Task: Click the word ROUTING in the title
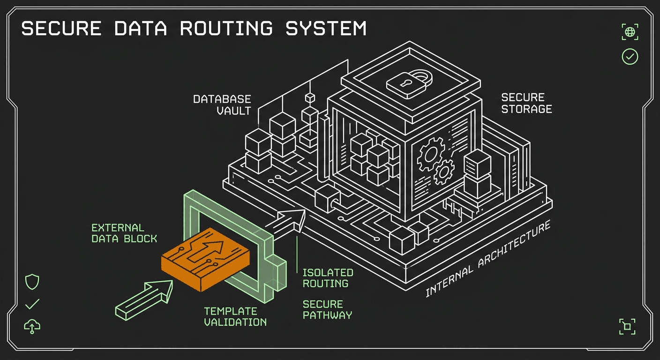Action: click(x=226, y=28)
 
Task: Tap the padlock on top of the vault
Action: click(x=409, y=83)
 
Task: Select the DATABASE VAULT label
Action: click(x=222, y=105)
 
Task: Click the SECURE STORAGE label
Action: click(x=526, y=103)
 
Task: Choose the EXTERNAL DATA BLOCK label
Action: click(x=124, y=233)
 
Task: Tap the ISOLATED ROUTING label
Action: click(x=328, y=278)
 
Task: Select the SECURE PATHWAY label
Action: click(x=327, y=310)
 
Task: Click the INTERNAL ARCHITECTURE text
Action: click(x=488, y=258)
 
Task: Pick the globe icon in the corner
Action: click(x=630, y=32)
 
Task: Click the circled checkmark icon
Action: click(x=630, y=57)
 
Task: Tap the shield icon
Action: click(x=32, y=282)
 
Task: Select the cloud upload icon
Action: click(x=32, y=326)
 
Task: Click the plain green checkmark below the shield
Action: click(x=32, y=304)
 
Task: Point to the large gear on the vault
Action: click(x=431, y=154)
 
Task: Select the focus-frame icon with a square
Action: click(x=627, y=326)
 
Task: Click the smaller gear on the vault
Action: click(x=444, y=172)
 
